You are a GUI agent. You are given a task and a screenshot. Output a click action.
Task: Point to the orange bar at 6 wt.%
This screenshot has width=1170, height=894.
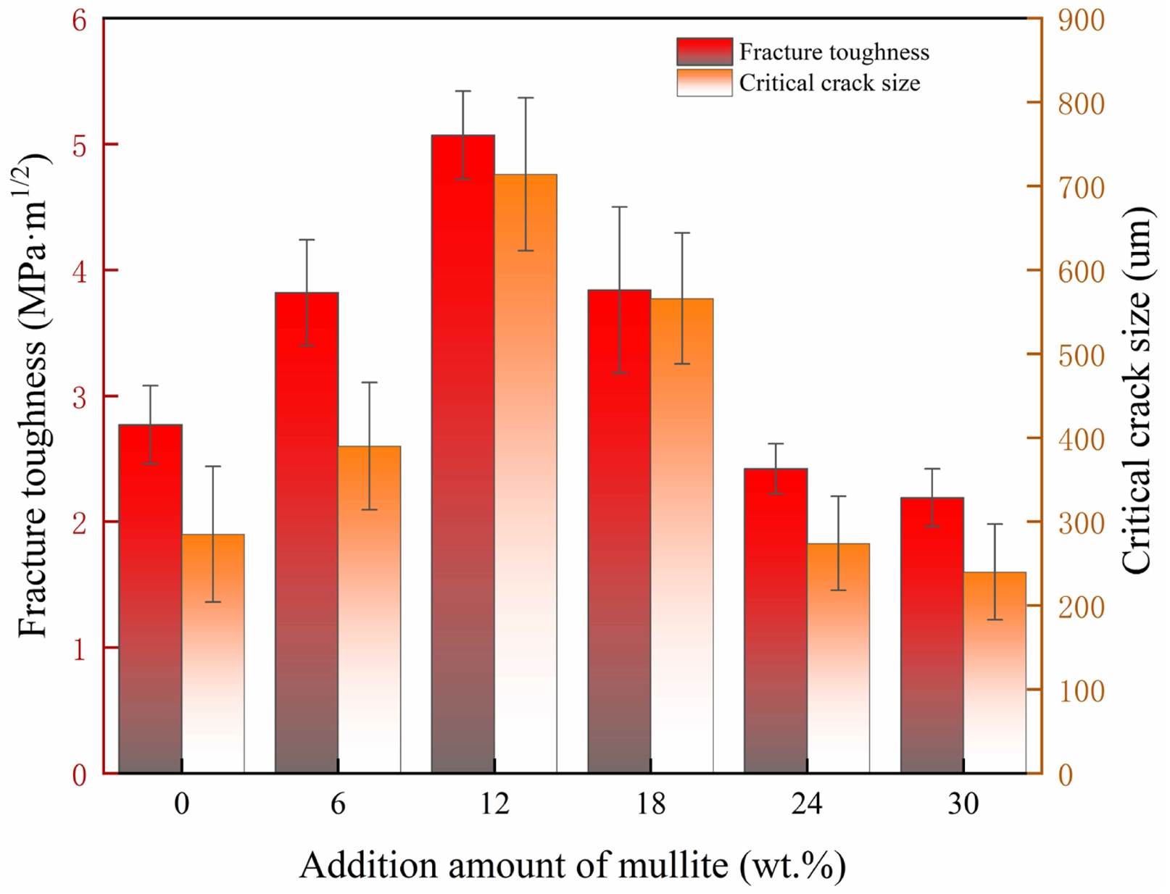coord(369,609)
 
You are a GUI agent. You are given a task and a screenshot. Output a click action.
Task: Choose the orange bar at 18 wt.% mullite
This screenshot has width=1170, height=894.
coord(681,535)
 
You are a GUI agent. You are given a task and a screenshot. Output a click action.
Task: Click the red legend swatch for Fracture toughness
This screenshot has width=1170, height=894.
coord(704,51)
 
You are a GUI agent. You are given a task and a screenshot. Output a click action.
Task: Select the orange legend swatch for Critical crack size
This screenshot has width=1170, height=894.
coord(704,83)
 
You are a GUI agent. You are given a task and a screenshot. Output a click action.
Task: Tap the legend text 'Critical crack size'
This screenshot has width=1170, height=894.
coord(829,83)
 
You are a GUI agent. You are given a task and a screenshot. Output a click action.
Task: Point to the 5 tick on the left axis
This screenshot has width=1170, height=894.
coord(79,145)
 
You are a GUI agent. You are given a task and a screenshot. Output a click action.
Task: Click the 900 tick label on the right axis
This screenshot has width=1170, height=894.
coord(1081,20)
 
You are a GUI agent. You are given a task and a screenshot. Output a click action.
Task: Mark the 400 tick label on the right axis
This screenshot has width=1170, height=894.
coord(1081,439)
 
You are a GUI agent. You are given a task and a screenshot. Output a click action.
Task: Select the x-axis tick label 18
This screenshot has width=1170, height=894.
coord(650,803)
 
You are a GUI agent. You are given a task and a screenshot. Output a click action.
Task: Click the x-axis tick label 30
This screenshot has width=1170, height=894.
coord(963,803)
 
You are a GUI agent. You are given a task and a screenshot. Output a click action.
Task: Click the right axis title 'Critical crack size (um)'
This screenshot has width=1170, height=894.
coord(1136,391)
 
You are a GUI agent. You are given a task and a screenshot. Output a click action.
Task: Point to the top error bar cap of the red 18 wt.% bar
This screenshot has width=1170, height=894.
coord(619,207)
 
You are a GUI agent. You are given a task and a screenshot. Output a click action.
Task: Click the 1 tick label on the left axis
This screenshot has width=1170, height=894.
coord(79,648)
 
